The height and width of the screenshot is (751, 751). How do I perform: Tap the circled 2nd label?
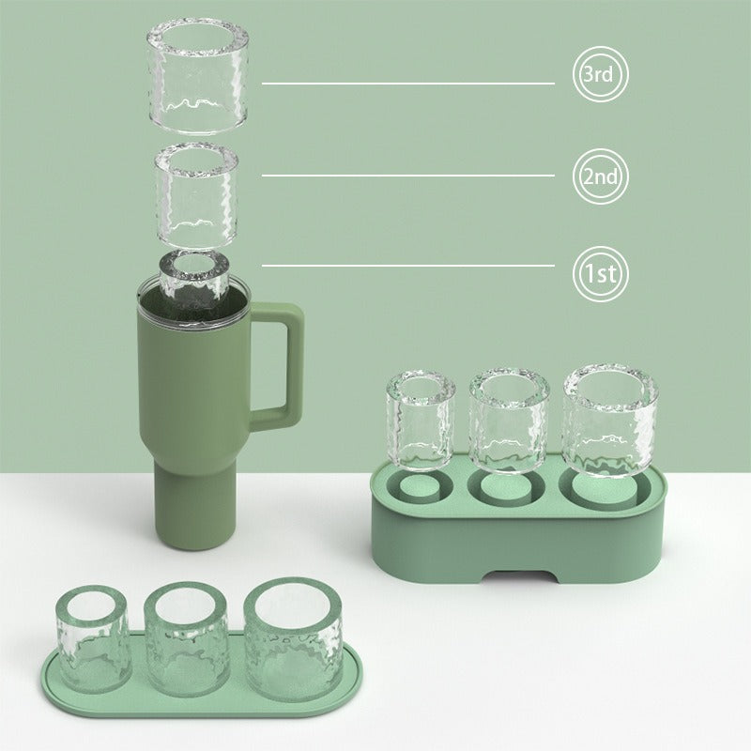[599, 176]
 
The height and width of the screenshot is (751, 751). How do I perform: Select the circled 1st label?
[599, 274]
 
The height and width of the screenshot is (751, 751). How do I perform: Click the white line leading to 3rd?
[408, 83]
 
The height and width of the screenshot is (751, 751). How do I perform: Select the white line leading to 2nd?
[408, 176]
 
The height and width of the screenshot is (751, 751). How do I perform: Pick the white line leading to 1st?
[408, 265]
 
